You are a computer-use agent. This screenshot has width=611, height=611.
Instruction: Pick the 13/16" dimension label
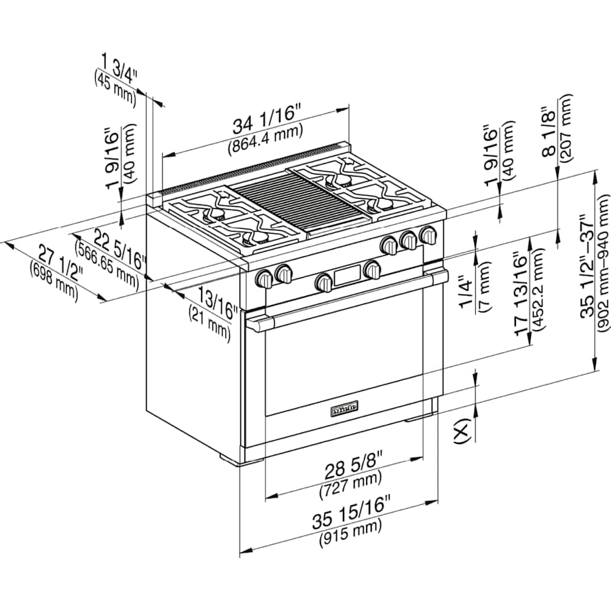click(217, 303)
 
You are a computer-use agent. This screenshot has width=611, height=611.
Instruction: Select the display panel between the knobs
click(346, 275)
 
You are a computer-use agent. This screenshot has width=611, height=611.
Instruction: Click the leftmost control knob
click(264, 278)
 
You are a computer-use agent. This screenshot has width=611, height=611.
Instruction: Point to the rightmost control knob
click(428, 236)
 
